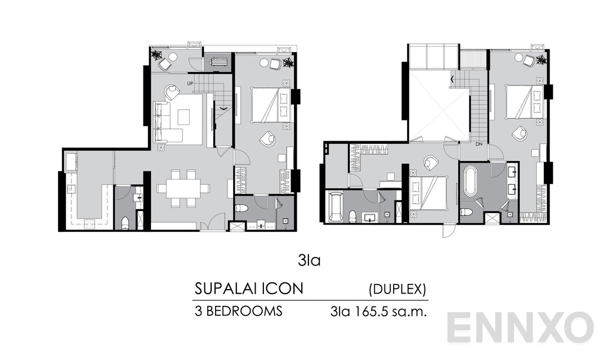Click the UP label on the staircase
pyautogui.click(x=190, y=83)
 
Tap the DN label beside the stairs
pyautogui.click(x=479, y=144)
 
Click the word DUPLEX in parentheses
pyautogui.click(x=397, y=290)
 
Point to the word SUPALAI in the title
pyautogui.click(x=229, y=289)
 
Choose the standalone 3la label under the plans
pyautogui.click(x=309, y=260)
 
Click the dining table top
pyautogui.click(x=183, y=188)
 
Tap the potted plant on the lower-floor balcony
pyautogui.click(x=157, y=55)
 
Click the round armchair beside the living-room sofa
pyautogui.click(x=172, y=88)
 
